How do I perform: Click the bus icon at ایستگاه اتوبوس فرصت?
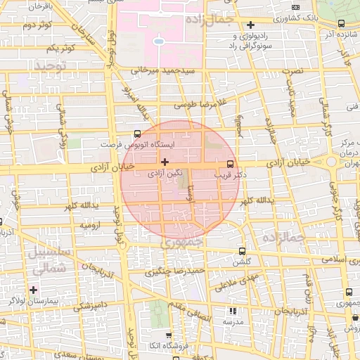click(x=136, y=133)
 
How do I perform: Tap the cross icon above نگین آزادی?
click(x=165, y=162)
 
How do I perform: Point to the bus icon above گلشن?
click(x=242, y=250)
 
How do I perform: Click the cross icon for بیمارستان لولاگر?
click(x=33, y=289)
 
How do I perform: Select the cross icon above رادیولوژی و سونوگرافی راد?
click(x=250, y=25)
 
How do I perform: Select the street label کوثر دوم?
click(x=37, y=26)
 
